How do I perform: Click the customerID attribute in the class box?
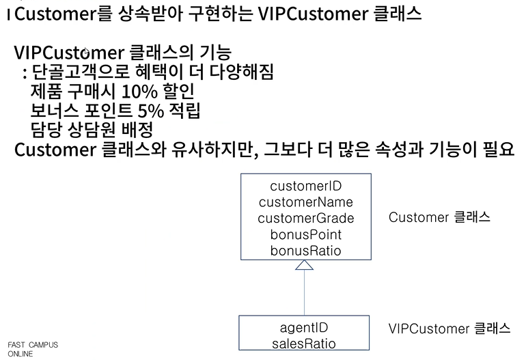pyautogui.click(x=305, y=186)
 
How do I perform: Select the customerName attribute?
pyautogui.click(x=305, y=202)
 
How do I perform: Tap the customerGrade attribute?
pyautogui.click(x=305, y=219)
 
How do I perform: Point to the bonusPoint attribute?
pyautogui.click(x=305, y=235)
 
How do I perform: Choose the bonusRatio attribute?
pyautogui.click(x=305, y=251)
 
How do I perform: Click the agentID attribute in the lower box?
pyautogui.click(x=304, y=328)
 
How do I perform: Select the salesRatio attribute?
pyautogui.click(x=304, y=344)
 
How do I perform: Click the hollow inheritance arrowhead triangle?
pyautogui.click(x=304, y=265)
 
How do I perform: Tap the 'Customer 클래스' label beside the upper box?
pyautogui.click(x=439, y=217)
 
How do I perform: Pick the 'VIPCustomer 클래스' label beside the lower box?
pyautogui.click(x=449, y=329)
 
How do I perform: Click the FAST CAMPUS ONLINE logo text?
pyautogui.click(x=33, y=349)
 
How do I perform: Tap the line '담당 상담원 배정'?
pyautogui.click(x=90, y=128)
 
